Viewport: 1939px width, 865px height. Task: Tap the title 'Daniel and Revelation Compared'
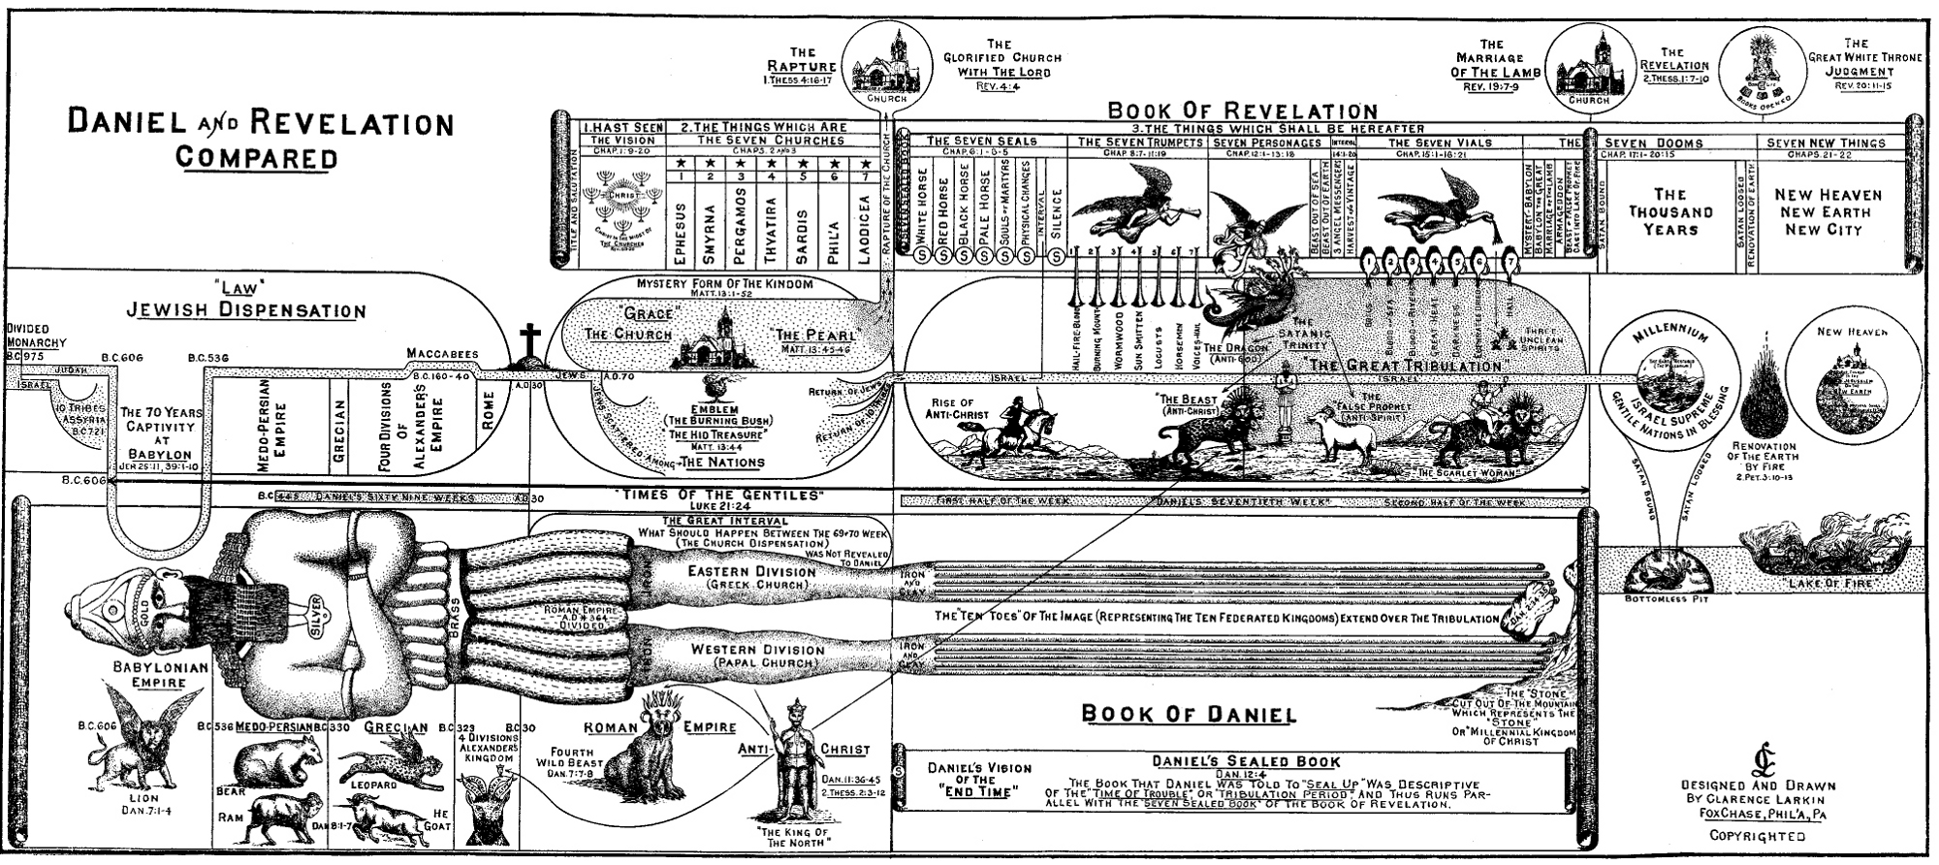pos(260,140)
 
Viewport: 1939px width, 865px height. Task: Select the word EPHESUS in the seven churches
pos(680,236)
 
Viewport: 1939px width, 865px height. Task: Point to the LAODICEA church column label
pos(863,236)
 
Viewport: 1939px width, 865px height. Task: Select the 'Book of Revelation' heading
pos(1242,112)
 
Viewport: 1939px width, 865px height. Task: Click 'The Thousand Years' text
pos(1669,211)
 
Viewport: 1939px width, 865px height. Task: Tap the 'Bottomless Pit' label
pos(1666,598)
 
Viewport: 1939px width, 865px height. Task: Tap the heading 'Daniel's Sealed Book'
pos(1246,762)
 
